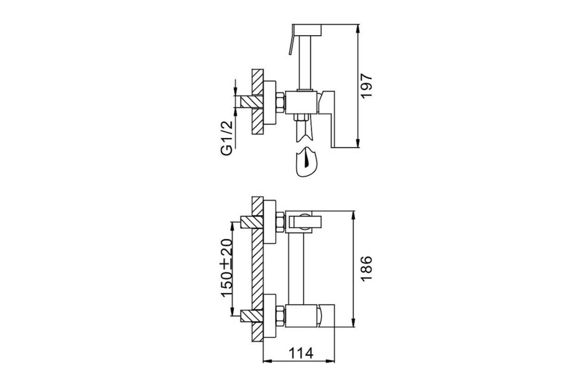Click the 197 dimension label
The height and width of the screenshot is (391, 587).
pyautogui.click(x=366, y=87)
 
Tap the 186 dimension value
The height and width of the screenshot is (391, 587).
pyautogui.click(x=366, y=269)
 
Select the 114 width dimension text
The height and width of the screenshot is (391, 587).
pyautogui.click(x=301, y=353)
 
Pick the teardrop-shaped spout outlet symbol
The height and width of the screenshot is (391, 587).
pyautogui.click(x=306, y=162)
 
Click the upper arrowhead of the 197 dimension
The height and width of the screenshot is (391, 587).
pyautogui.click(x=358, y=29)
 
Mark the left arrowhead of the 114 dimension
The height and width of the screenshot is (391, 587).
pyautogui.click(x=267, y=361)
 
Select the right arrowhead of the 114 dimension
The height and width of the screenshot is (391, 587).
pyautogui.click(x=330, y=361)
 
